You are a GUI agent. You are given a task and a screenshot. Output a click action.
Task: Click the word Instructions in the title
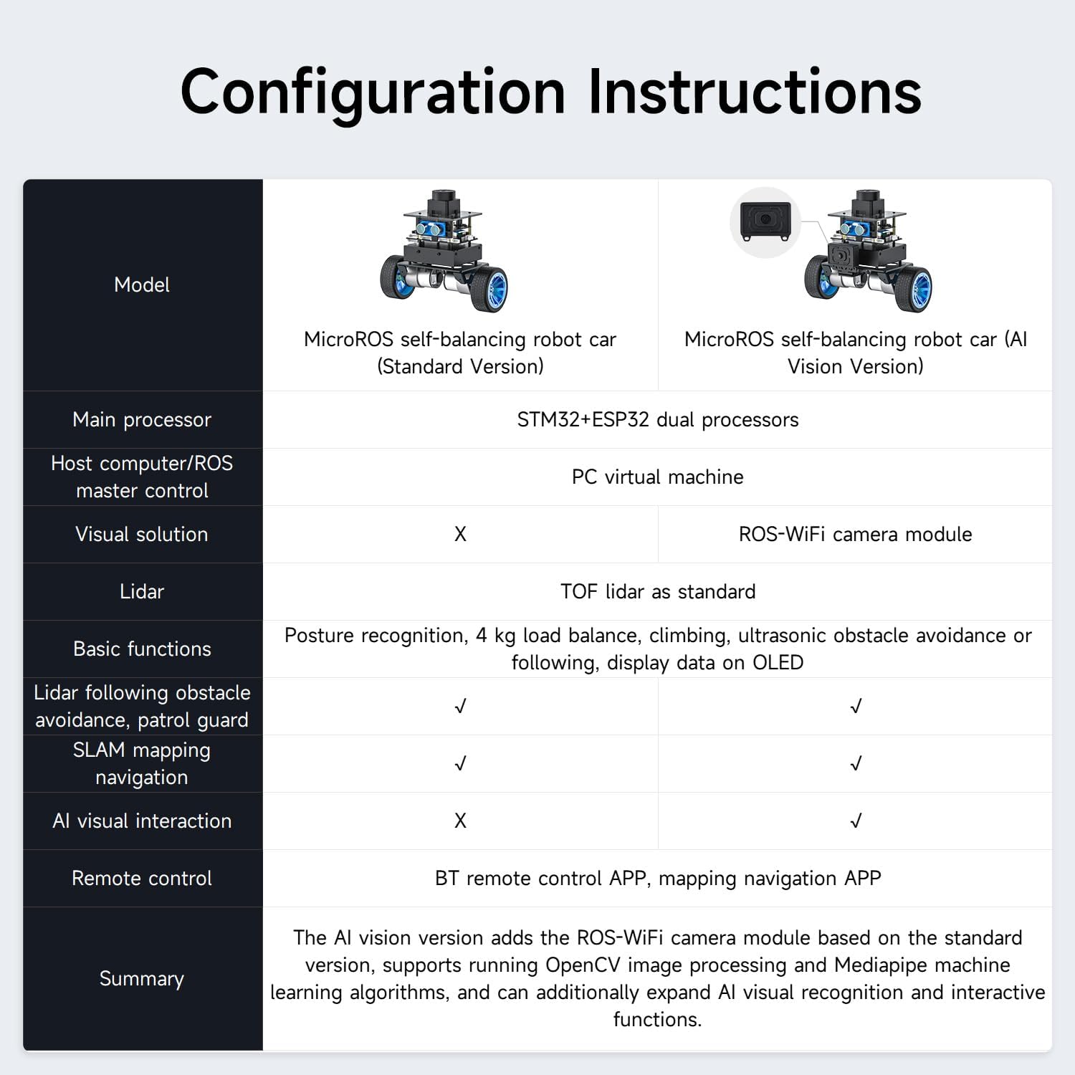tap(755, 92)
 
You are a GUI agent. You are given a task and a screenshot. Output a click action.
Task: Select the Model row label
tap(142, 285)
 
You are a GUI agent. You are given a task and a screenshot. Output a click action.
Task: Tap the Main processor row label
tap(142, 419)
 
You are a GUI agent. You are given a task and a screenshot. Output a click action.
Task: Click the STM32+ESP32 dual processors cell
tap(657, 419)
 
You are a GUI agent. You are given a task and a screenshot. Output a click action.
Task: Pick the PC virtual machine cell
tap(657, 477)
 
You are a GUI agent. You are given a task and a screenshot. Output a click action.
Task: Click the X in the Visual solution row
tap(460, 534)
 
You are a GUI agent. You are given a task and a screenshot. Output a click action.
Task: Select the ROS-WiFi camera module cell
tap(855, 534)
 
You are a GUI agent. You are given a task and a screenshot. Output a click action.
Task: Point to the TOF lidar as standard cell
tap(657, 591)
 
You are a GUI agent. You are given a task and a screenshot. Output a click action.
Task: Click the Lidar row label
tap(142, 591)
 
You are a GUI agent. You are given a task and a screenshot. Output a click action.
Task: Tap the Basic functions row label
tap(142, 649)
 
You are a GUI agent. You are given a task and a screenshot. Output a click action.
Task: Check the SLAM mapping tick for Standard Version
tap(460, 764)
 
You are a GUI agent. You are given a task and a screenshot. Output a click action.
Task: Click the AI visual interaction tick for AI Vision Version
tap(855, 821)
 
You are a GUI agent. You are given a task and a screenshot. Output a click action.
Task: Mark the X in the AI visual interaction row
tap(460, 821)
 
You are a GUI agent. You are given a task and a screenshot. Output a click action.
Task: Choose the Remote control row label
tap(142, 878)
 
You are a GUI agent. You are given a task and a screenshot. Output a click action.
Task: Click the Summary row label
tap(142, 978)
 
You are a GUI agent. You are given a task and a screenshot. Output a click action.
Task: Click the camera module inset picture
tap(765, 222)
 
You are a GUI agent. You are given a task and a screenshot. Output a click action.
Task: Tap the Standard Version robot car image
tap(444, 251)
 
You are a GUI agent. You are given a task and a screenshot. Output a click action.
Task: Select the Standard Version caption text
tap(460, 353)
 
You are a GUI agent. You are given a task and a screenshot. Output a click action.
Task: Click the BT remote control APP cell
tap(657, 878)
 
